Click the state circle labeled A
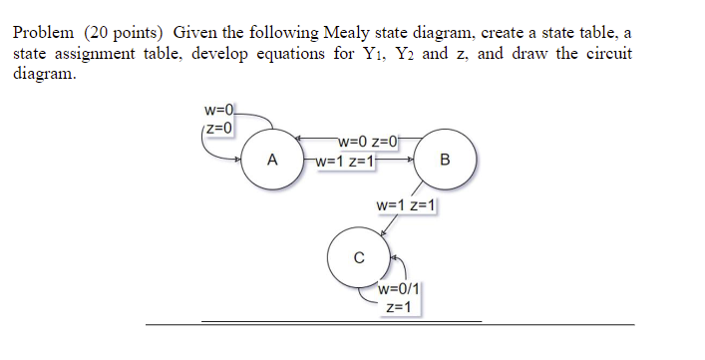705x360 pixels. pyautogui.click(x=272, y=160)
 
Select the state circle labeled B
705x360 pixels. pyautogui.click(x=445, y=160)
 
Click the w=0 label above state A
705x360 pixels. pyautogui.click(x=218, y=109)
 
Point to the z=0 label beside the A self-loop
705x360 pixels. pyautogui.click(x=218, y=128)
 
